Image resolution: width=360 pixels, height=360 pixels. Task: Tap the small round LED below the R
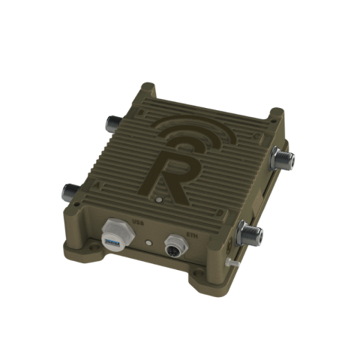pos(158,201)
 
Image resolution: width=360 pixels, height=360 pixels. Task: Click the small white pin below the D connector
pos(231,262)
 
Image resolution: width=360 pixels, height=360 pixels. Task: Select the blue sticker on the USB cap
pos(112,241)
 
